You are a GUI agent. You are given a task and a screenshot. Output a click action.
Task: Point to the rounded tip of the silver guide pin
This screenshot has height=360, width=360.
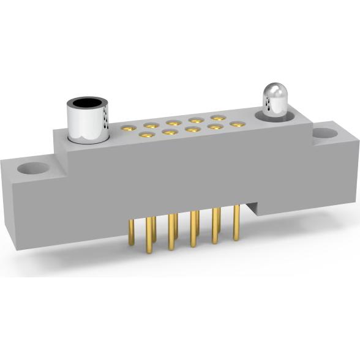coord(276,93)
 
